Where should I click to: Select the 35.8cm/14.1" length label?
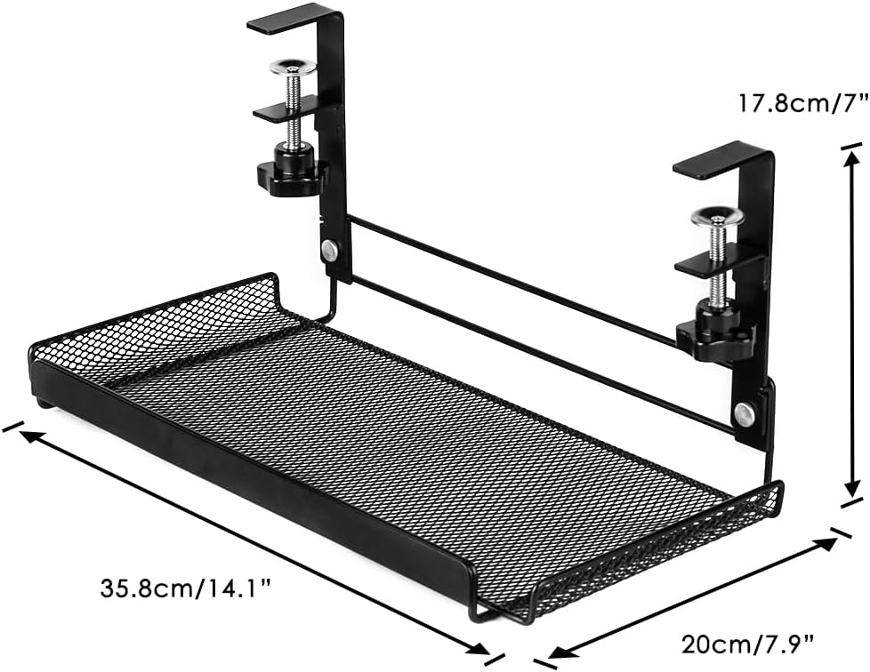point(186,588)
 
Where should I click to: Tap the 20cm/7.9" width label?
point(748,644)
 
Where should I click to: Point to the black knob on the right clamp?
point(716,332)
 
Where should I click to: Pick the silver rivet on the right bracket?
point(744,414)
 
